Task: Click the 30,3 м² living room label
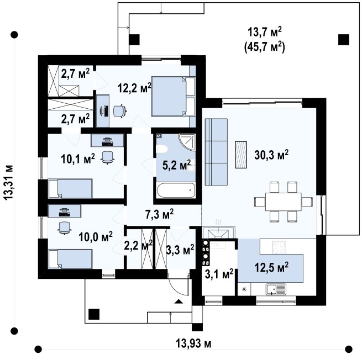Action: (x=271, y=155)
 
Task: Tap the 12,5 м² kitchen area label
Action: (x=271, y=267)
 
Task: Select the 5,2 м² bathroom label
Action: (x=177, y=165)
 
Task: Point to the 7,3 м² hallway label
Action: (x=159, y=214)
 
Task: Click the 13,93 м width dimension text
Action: (x=193, y=344)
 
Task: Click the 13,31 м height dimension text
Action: (x=9, y=182)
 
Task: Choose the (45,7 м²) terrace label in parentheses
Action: (x=265, y=47)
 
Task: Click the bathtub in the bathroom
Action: (x=176, y=190)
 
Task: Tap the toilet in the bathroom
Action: (x=161, y=149)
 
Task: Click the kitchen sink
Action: (x=276, y=289)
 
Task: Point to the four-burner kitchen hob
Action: (x=279, y=247)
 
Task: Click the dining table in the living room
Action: (x=284, y=202)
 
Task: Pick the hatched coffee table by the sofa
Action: (x=241, y=155)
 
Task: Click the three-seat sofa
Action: (x=216, y=152)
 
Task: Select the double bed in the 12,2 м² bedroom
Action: (x=173, y=96)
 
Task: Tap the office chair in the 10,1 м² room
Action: (x=108, y=157)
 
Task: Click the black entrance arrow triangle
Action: (x=179, y=301)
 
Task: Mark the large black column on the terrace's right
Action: (x=344, y=40)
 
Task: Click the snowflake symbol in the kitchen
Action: (x=244, y=289)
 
